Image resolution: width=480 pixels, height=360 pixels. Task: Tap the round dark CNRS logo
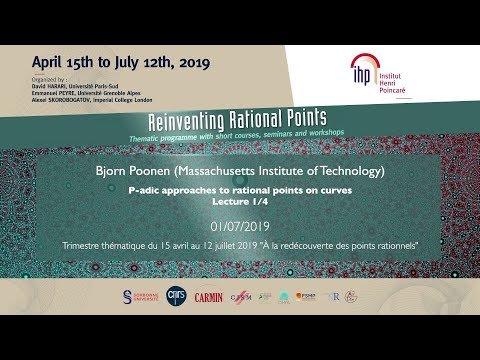tap(177, 296)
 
